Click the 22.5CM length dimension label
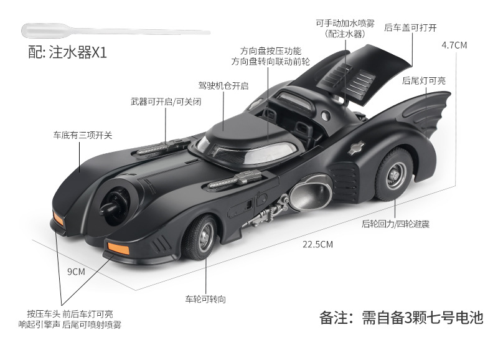(317, 244)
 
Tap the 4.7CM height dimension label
(454, 45)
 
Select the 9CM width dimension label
(76, 271)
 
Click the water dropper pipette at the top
(106, 29)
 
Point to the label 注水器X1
(68, 53)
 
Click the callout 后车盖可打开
(411, 27)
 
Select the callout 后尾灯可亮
(424, 80)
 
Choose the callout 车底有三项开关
(82, 134)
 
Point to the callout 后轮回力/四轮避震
(395, 222)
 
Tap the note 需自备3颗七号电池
(401, 318)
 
